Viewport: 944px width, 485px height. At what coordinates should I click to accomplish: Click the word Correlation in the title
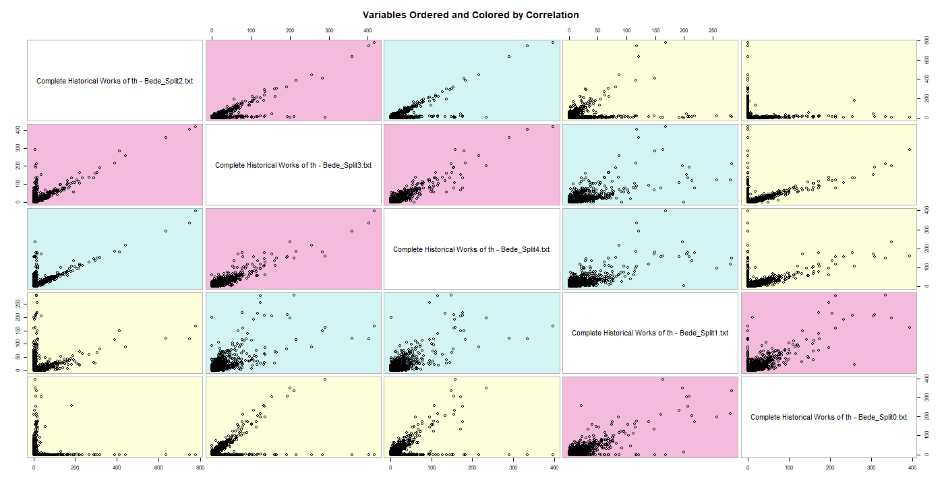(549, 15)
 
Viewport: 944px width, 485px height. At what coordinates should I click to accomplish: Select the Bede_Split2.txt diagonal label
(115, 81)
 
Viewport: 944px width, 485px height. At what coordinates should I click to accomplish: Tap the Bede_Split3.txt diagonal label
(293, 165)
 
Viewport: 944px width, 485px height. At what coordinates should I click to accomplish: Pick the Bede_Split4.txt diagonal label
(471, 249)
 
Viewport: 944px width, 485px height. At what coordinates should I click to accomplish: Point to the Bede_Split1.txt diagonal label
(650, 333)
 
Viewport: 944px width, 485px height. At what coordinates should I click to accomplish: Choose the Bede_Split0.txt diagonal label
(829, 417)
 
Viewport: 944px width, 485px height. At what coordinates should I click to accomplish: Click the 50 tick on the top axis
(597, 31)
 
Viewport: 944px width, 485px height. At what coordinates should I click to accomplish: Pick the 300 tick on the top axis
(329, 31)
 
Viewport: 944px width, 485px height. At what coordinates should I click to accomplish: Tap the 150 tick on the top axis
(655, 31)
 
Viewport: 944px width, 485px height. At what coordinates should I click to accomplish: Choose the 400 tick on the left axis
(18, 129)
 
